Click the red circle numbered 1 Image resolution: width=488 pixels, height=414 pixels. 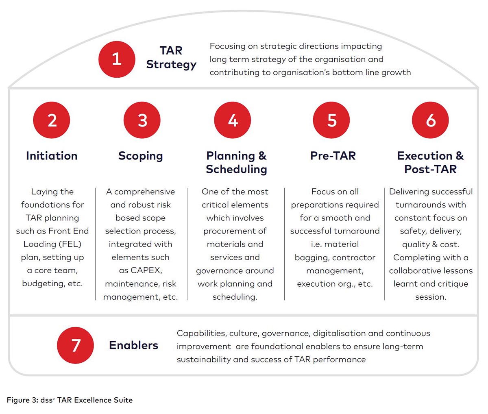[117, 59]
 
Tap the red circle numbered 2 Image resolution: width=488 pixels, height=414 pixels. [52, 120]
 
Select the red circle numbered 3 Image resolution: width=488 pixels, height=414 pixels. [142, 120]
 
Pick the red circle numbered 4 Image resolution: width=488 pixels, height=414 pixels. [233, 120]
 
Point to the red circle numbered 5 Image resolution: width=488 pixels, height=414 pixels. [331, 120]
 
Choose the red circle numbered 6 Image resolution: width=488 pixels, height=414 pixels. [430, 120]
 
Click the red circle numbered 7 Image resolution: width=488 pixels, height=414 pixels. [75, 345]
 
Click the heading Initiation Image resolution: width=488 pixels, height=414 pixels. [52, 156]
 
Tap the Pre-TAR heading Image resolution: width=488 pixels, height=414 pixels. [333, 156]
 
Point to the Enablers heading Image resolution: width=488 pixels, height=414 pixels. [134, 345]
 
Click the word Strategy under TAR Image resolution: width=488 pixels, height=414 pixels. [171, 65]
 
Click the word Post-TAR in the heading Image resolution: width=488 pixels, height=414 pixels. [430, 169]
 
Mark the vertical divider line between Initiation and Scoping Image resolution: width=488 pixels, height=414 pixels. [96, 244]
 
